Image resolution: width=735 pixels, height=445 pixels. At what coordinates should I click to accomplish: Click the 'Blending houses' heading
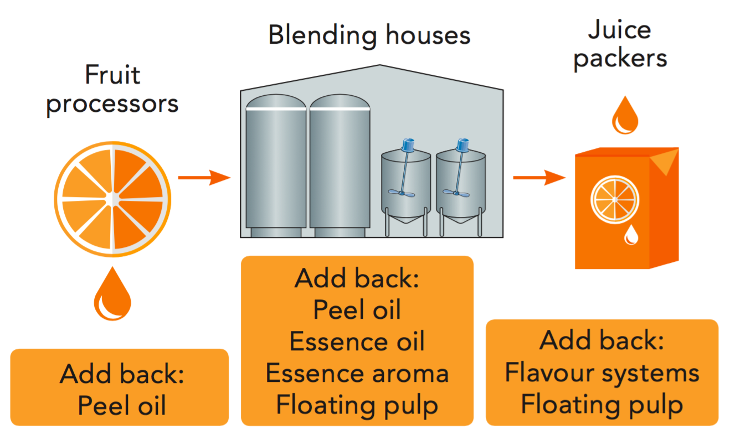click(x=369, y=35)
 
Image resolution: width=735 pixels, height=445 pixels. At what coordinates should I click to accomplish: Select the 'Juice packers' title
click(x=620, y=44)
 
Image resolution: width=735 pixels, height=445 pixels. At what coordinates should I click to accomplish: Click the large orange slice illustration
click(x=112, y=199)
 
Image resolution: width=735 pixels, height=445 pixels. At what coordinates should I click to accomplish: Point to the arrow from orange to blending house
click(x=203, y=178)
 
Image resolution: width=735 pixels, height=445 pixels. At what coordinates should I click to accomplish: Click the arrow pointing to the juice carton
click(x=538, y=178)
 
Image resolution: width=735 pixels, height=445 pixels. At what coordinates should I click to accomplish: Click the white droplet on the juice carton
click(x=631, y=235)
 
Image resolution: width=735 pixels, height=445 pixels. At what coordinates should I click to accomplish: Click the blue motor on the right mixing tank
click(x=462, y=145)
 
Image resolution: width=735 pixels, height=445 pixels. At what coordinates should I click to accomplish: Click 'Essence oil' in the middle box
click(x=357, y=341)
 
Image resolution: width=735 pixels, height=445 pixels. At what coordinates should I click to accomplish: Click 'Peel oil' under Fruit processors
click(x=122, y=405)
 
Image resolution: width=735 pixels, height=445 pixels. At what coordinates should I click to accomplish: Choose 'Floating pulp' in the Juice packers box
click(x=602, y=404)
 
